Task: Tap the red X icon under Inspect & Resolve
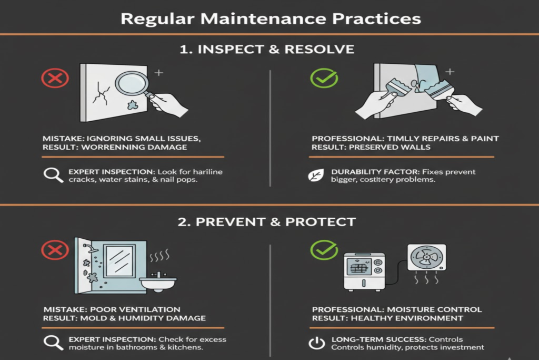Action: tap(55, 79)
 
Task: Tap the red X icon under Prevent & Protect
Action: tap(55, 251)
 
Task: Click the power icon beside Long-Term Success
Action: tap(316, 343)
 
